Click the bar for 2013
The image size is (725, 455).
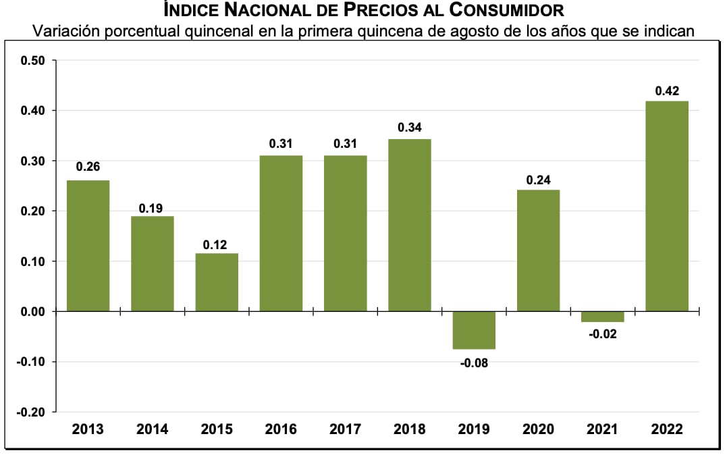click(88, 246)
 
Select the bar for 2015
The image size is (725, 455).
click(217, 282)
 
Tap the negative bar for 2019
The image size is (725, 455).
click(474, 330)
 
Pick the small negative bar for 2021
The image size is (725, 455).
click(603, 317)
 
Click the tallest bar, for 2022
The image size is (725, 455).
click(667, 206)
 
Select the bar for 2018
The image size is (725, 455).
click(410, 225)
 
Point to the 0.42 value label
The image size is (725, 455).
click(667, 91)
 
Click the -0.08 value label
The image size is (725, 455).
click(474, 363)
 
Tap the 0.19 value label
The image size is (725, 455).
click(152, 208)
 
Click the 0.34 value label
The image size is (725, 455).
click(410, 128)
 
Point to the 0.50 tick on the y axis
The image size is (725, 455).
click(32, 61)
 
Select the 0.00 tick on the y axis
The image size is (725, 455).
click(32, 312)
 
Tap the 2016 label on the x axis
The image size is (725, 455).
click(281, 429)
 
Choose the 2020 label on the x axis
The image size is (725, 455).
click(539, 429)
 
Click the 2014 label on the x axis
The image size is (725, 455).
click(152, 429)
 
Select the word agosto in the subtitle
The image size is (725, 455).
click(468, 31)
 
